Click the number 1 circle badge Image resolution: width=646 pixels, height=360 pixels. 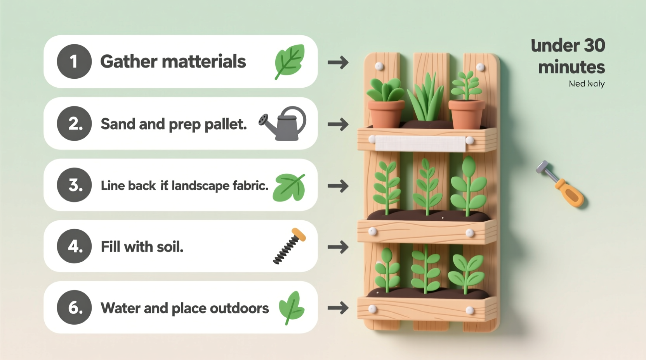point(74,61)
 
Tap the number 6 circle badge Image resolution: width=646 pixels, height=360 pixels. point(74,307)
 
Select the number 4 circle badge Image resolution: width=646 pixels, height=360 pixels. point(74,246)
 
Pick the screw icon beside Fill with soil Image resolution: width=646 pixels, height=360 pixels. point(289,246)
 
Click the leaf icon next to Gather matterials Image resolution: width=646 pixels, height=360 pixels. point(290,61)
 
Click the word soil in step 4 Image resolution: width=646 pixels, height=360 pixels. point(169,247)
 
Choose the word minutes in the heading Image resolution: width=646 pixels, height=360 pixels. point(571,67)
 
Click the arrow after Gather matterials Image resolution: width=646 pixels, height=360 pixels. point(338,62)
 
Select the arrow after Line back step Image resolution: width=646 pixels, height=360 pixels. point(338,186)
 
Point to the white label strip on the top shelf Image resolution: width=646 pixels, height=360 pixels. point(420,144)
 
